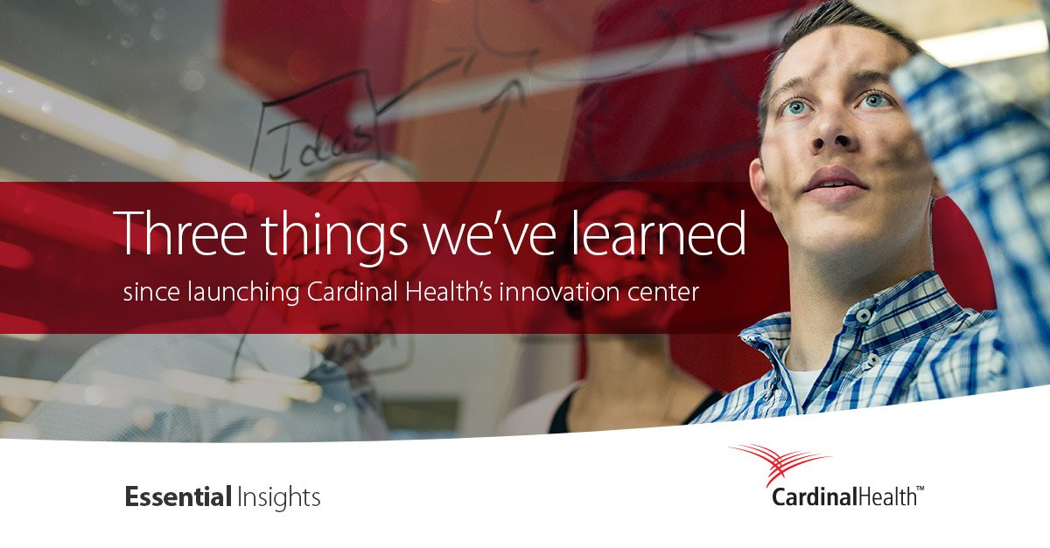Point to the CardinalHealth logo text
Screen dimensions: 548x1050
[x=843, y=497]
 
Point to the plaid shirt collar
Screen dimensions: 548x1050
[x=814, y=332]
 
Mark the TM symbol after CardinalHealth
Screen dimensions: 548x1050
[x=920, y=492]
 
